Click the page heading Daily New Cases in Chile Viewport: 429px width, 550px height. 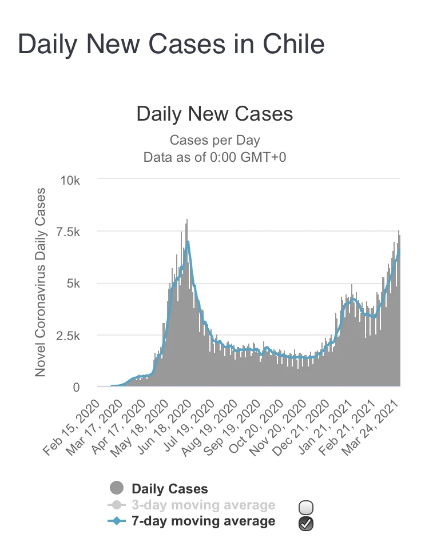tap(171, 44)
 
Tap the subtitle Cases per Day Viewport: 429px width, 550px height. tap(214, 140)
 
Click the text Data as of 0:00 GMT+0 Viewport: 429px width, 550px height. tap(214, 157)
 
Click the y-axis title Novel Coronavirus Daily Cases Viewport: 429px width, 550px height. tap(41, 283)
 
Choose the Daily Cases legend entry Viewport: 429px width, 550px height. tap(169, 489)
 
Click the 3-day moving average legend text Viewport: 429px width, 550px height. tap(203, 505)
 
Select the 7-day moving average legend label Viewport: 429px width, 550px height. tap(203, 521)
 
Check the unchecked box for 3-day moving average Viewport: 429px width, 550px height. tap(306, 507)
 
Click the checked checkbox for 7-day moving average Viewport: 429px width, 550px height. tap(306, 523)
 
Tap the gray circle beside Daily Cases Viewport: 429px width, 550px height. tap(117, 488)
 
